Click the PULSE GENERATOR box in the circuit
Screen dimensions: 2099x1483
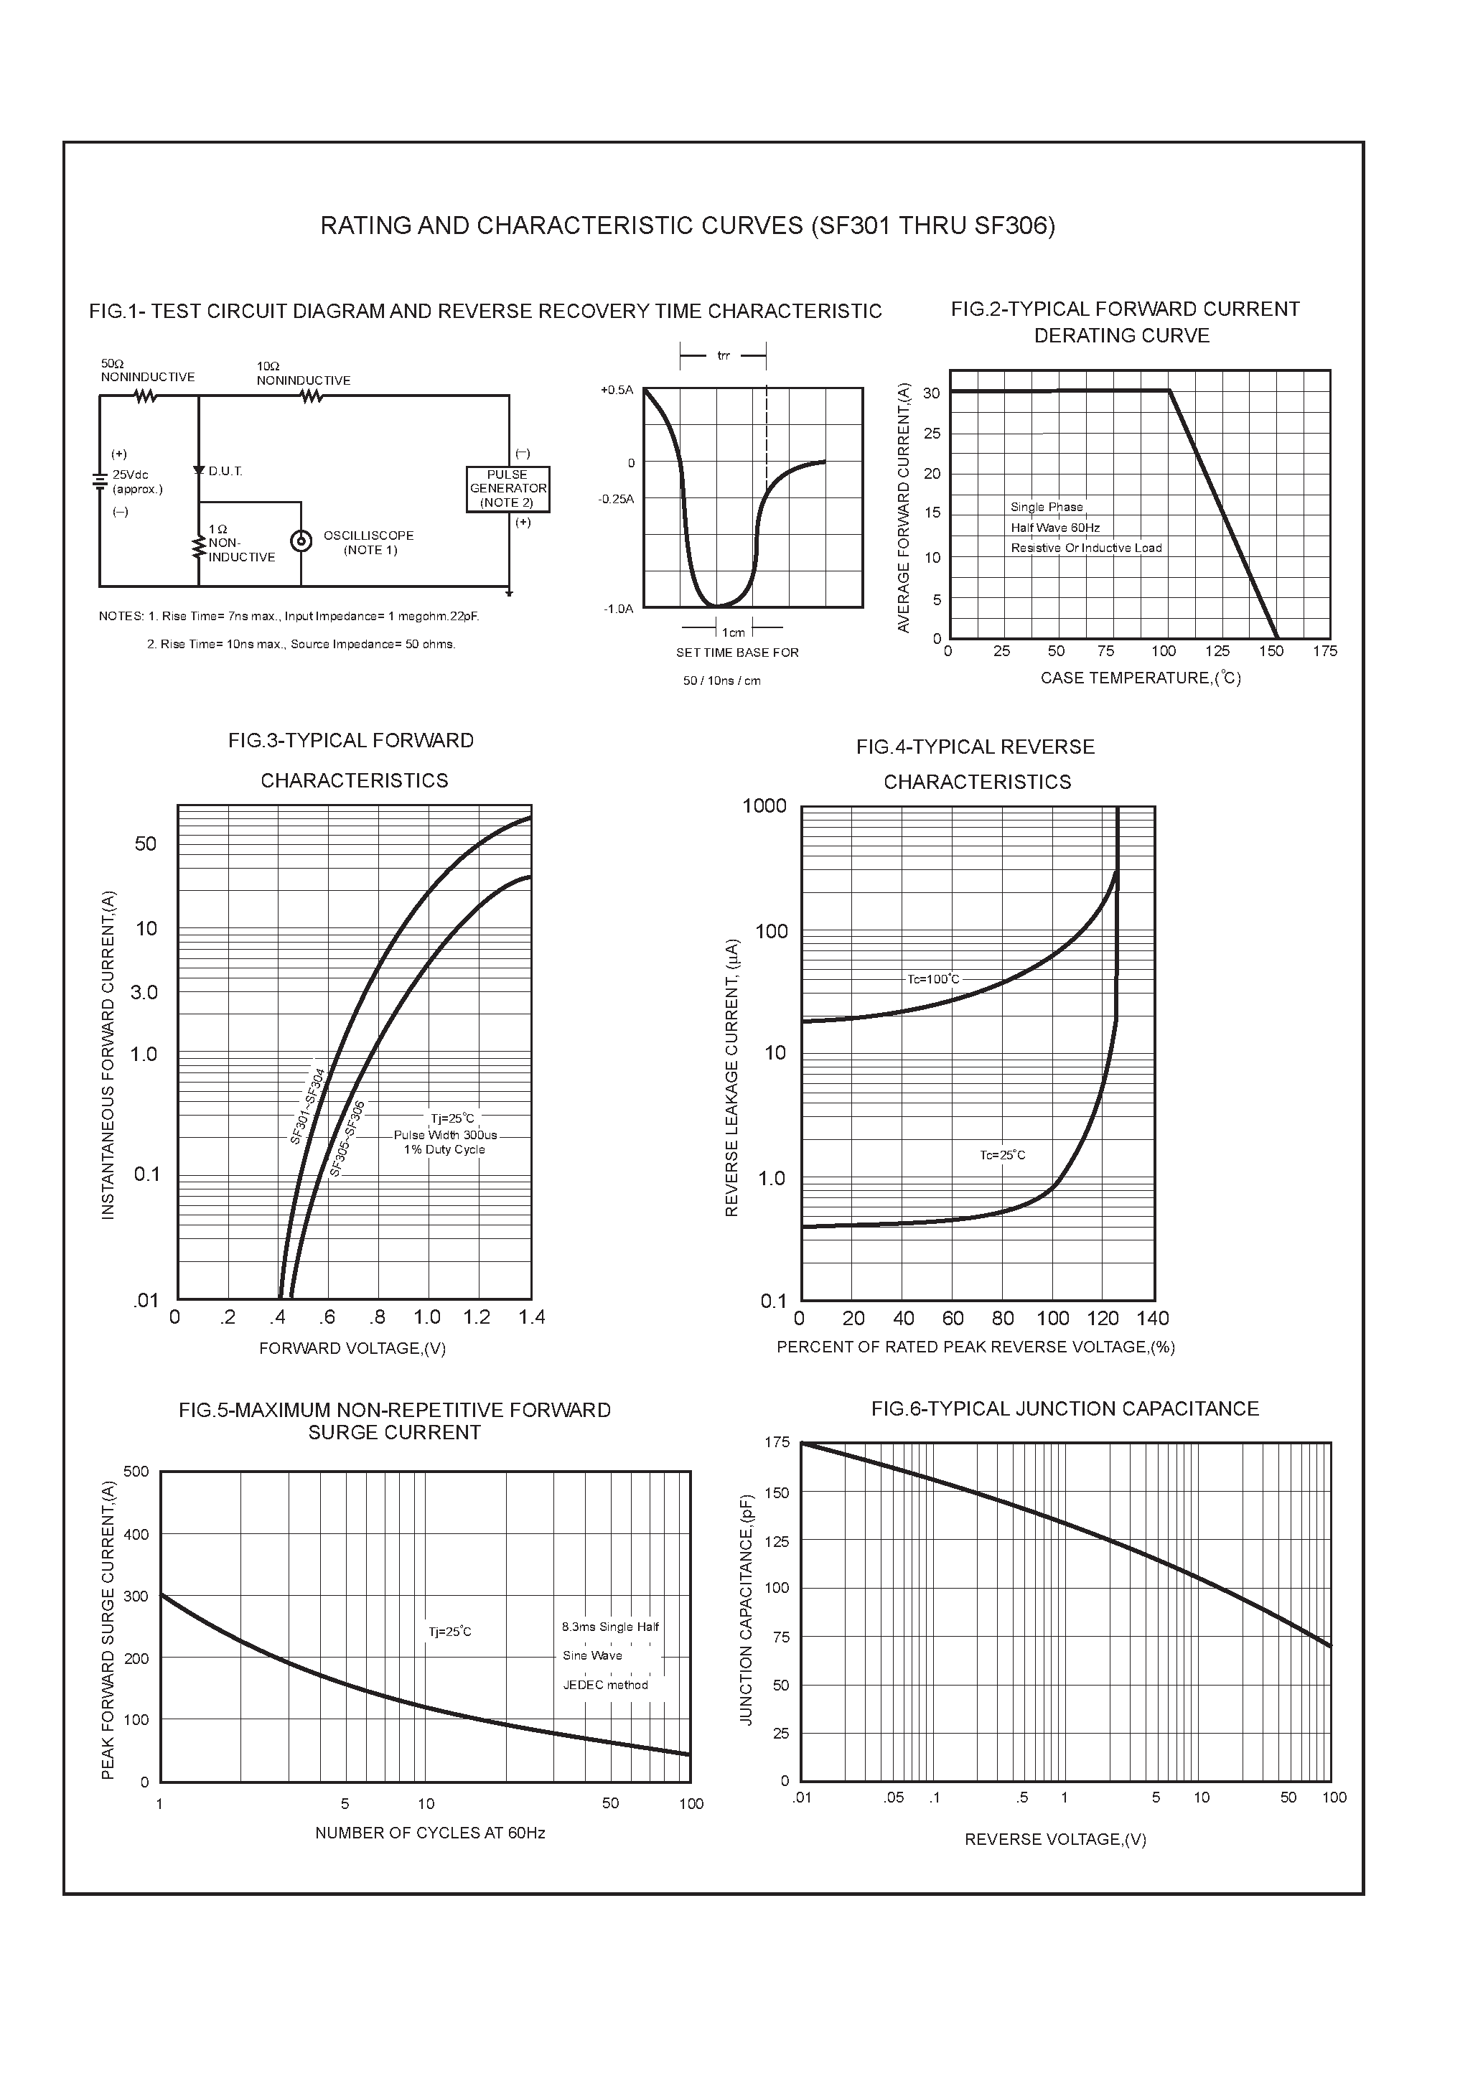coord(507,489)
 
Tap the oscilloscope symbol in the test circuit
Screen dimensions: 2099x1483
coord(300,541)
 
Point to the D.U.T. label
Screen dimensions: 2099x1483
coord(225,472)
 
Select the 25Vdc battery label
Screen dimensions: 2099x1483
coord(130,475)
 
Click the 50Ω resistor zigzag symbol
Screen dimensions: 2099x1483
coord(146,396)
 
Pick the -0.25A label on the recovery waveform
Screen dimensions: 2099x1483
coord(615,499)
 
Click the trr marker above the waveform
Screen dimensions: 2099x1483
coord(724,355)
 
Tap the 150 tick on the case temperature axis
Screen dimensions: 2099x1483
coord(1271,652)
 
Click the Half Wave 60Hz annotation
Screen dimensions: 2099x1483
coord(1055,528)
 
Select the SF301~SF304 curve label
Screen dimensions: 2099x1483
coord(308,1106)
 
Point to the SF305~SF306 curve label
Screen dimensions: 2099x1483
coord(347,1139)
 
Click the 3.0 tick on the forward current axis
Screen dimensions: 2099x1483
coord(144,993)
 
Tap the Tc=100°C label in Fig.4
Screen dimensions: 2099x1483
coord(933,979)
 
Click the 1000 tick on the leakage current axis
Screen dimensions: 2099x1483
coord(764,806)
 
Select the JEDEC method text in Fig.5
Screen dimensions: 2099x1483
coord(605,1685)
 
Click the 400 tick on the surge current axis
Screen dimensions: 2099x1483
coord(136,1535)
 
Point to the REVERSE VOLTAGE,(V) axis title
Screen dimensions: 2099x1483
coord(1055,1839)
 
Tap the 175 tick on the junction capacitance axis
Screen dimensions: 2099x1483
coord(777,1443)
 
